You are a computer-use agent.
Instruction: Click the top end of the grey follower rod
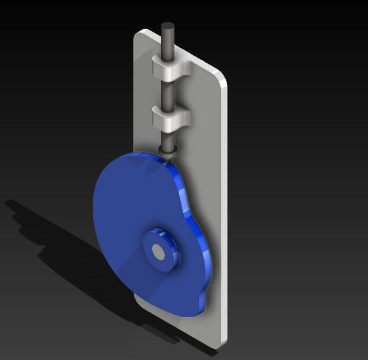pos(167,26)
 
